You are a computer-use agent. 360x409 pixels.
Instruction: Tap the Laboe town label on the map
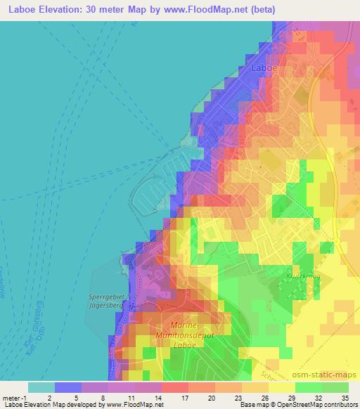(265, 69)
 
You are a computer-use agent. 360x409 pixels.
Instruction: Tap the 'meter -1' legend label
(13, 398)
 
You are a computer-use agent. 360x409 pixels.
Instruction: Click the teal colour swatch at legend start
(41, 387)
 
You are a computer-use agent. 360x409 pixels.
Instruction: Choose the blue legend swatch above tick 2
(68, 387)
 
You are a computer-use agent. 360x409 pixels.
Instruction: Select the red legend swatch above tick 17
(174, 387)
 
